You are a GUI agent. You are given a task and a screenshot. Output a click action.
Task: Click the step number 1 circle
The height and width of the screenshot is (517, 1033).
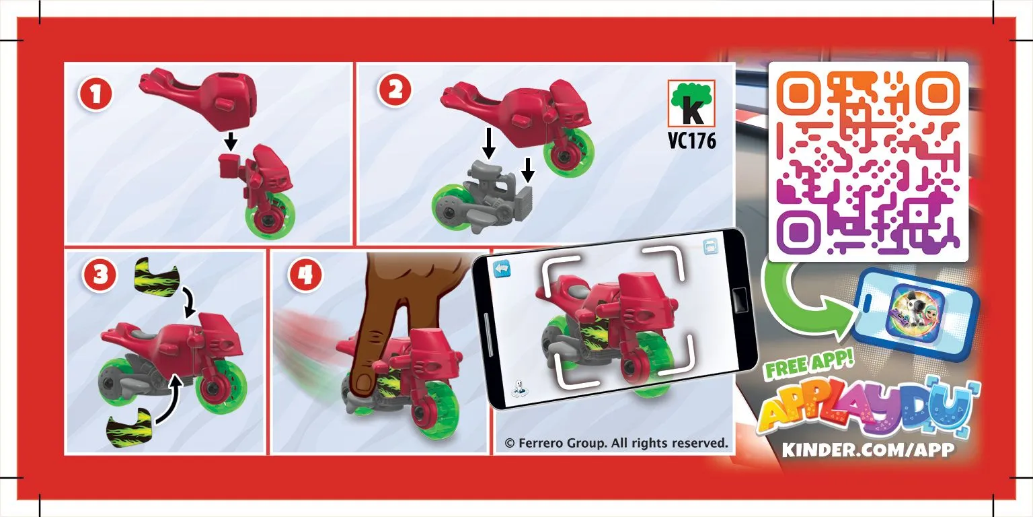tap(95, 94)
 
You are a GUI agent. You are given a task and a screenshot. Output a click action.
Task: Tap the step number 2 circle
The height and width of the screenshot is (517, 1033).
tap(395, 91)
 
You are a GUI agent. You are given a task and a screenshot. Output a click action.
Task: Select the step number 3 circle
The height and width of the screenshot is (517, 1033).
tap(100, 275)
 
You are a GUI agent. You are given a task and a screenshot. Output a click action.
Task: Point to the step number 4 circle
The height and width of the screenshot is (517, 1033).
tap(305, 275)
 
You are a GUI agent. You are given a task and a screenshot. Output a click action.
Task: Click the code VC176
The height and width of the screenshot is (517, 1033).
tap(692, 141)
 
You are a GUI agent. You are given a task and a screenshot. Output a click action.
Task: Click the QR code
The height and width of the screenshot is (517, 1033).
tap(868, 162)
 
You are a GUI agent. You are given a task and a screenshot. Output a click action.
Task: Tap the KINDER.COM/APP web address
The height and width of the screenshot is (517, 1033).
tap(868, 450)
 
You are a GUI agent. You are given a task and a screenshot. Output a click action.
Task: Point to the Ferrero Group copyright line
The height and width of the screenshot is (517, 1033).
tap(616, 443)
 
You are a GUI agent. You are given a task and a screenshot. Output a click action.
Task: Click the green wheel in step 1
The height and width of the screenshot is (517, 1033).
tap(271, 215)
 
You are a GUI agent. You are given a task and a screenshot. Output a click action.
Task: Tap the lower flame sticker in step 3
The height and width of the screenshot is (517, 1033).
tap(129, 428)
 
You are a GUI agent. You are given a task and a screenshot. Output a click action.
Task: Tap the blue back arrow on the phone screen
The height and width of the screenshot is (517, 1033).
tap(502, 269)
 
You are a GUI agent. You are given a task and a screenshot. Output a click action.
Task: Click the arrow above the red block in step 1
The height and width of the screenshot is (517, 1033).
tap(231, 141)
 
